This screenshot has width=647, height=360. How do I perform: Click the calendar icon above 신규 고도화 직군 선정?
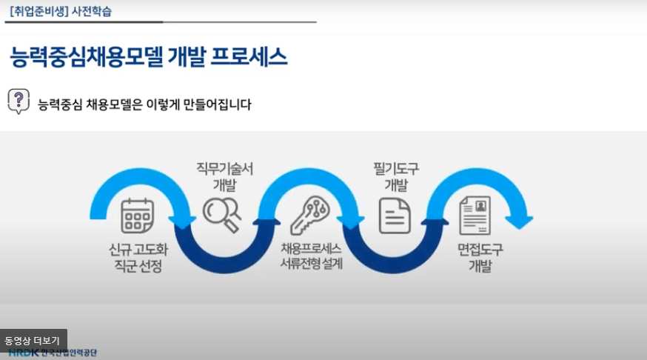point(137,216)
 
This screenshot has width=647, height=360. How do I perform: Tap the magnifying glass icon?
point(222,214)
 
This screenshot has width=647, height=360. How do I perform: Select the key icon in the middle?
point(309,214)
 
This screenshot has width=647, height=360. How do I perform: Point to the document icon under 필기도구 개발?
point(395,216)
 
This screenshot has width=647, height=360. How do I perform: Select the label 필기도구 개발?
point(396,176)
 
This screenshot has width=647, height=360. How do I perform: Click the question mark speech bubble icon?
point(19,101)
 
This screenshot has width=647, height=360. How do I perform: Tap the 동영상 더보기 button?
point(33,340)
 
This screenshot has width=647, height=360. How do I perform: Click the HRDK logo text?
point(24,353)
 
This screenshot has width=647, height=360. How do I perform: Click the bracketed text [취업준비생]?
point(38,11)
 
